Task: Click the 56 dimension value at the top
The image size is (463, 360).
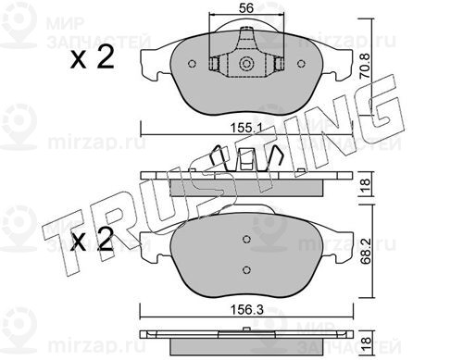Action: point(246,8)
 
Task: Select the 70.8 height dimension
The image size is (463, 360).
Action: point(365,66)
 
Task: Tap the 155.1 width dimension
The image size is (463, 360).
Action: point(246,128)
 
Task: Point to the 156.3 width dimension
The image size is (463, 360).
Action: point(247,310)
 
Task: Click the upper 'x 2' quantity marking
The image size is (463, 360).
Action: point(92,57)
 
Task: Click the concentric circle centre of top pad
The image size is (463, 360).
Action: point(246,64)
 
